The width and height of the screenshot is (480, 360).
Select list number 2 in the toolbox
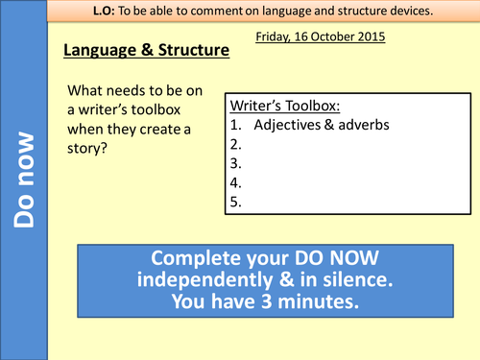click(236, 144)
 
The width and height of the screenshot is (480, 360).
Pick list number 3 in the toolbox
click(236, 163)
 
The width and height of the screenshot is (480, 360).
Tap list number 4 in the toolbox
click(236, 182)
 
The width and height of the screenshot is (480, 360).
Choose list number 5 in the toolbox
click(236, 202)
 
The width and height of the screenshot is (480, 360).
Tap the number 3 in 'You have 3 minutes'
click(265, 300)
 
